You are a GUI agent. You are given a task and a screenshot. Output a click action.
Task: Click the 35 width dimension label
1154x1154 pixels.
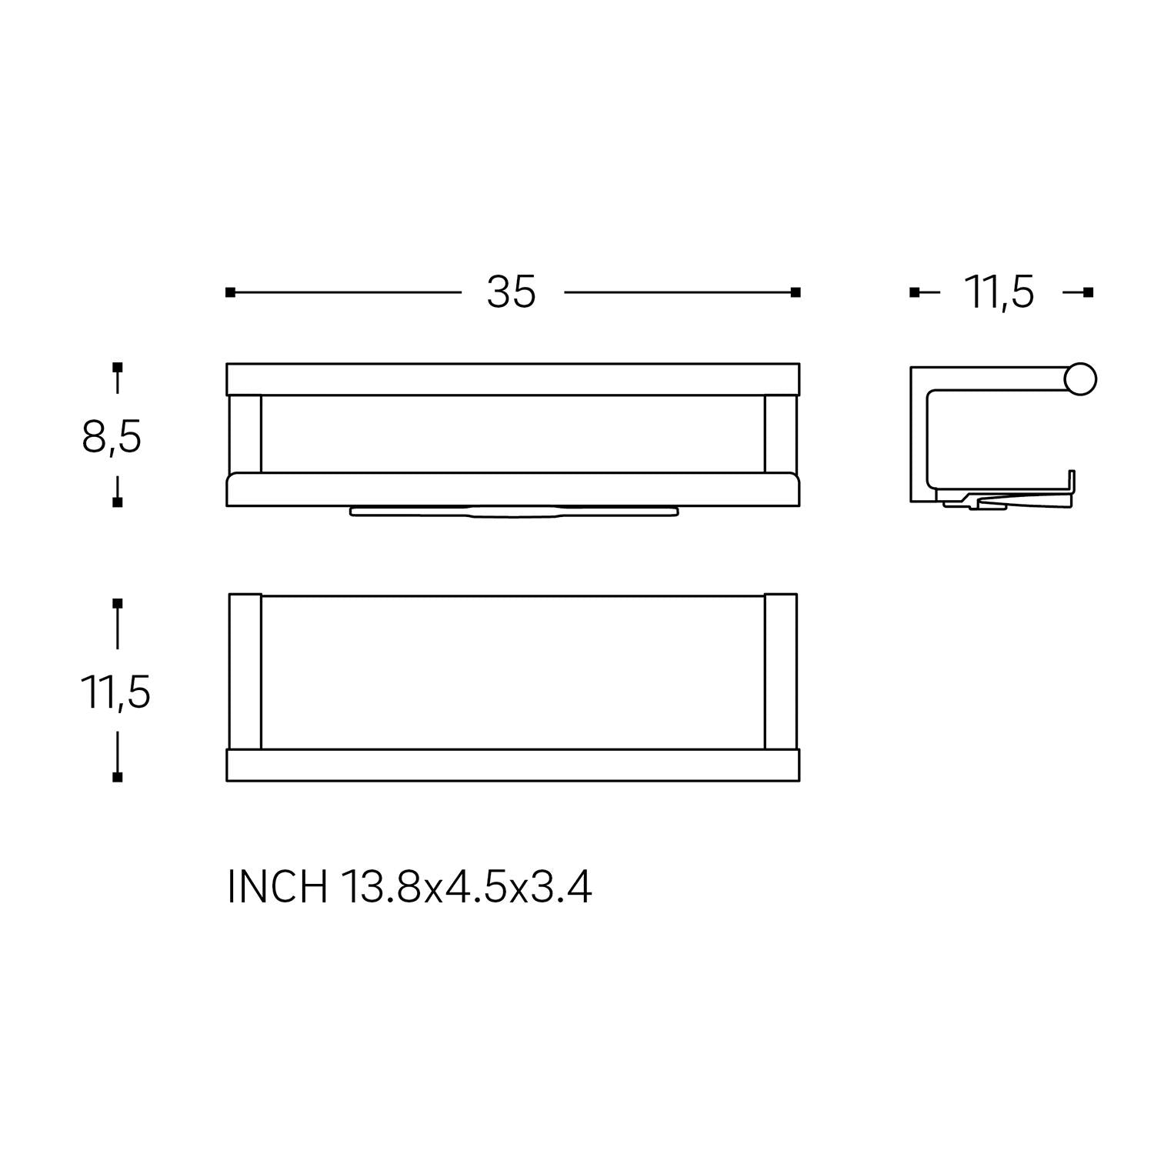(x=511, y=292)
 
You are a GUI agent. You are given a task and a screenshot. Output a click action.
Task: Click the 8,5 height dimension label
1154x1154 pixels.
(x=112, y=439)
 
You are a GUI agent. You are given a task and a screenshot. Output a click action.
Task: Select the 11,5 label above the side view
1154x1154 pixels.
(x=999, y=292)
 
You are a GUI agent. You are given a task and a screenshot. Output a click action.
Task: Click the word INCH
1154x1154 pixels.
(x=277, y=888)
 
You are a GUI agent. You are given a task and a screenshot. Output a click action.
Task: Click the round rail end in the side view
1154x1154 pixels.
(x=1080, y=379)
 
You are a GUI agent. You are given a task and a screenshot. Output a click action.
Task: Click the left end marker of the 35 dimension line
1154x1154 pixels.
(x=230, y=292)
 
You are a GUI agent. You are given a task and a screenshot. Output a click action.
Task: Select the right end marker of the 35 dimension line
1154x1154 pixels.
(x=796, y=292)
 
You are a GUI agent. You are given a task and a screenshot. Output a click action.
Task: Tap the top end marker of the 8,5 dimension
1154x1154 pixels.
(x=117, y=367)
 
